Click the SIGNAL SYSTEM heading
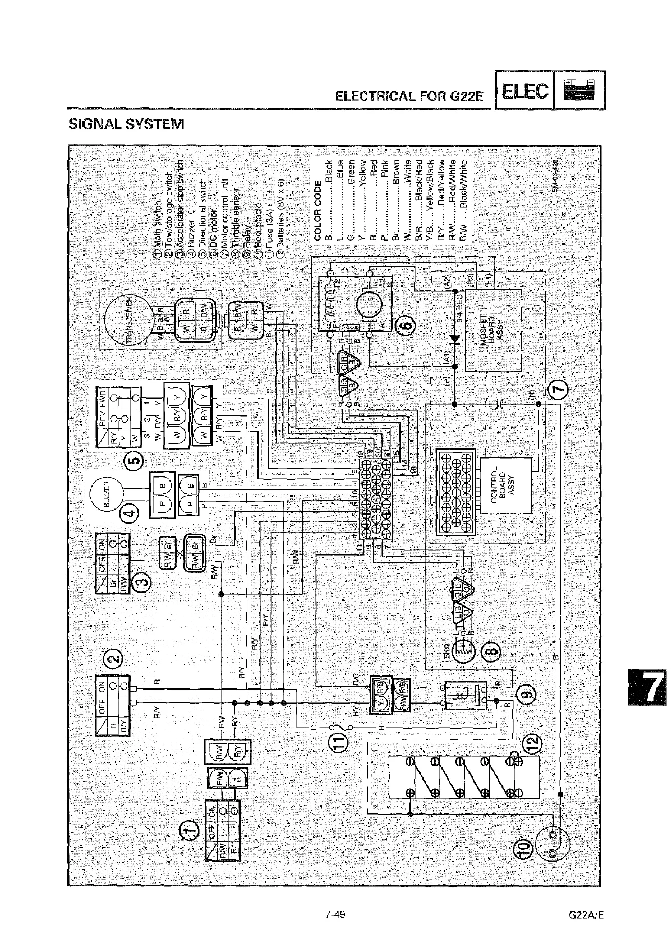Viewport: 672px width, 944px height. tap(126, 123)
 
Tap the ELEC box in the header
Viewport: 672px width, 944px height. tap(524, 90)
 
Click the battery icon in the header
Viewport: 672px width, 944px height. tap(579, 90)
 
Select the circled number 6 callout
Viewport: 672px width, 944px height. tap(407, 325)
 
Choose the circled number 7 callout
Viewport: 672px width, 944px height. tap(558, 388)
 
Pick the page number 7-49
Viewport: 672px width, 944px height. tap(335, 915)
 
